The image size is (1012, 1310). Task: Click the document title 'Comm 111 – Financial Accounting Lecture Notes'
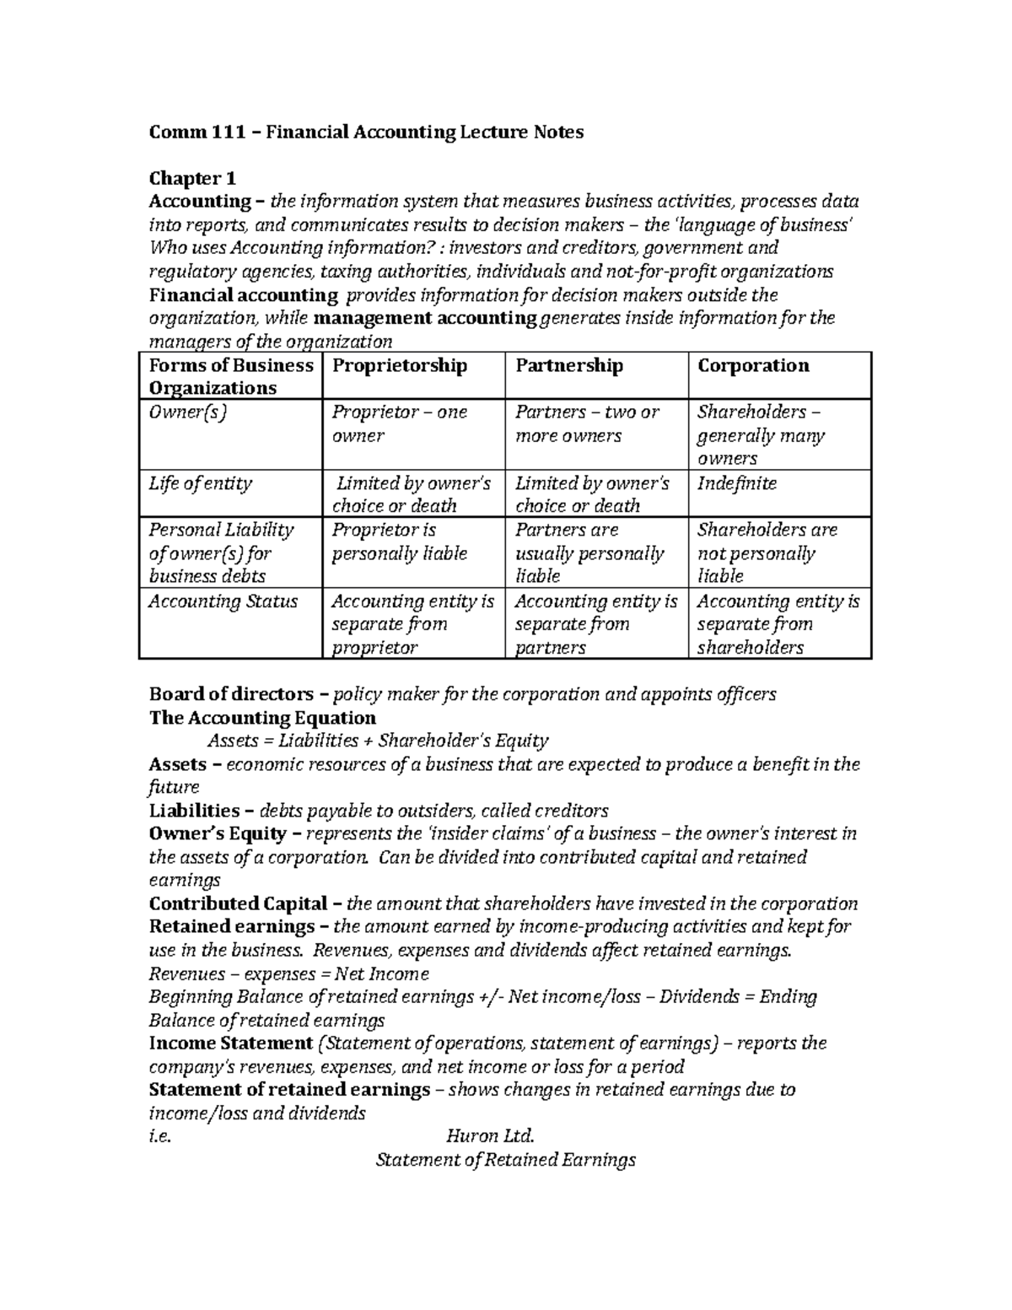(x=366, y=132)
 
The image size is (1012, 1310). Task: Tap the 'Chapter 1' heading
(x=192, y=179)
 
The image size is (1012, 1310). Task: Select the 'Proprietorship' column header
(x=400, y=365)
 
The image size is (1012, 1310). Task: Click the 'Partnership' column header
(x=569, y=365)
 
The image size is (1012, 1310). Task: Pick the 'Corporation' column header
(x=753, y=365)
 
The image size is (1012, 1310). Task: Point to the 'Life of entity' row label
(x=200, y=483)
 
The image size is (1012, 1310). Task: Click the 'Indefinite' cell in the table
(x=736, y=483)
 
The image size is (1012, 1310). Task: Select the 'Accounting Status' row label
(x=223, y=601)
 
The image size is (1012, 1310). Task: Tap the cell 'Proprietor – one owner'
(x=400, y=423)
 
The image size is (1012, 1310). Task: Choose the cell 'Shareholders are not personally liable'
(x=767, y=553)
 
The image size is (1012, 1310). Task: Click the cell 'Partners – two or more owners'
(x=587, y=423)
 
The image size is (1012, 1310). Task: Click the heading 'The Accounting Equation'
(x=262, y=718)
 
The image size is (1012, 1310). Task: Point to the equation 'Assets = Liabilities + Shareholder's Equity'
(x=378, y=741)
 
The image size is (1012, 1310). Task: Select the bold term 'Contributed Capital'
(x=238, y=903)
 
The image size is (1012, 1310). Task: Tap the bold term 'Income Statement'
(x=231, y=1043)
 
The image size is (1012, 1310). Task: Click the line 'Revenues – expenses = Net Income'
(x=288, y=973)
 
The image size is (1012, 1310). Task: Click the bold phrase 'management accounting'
(x=425, y=318)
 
